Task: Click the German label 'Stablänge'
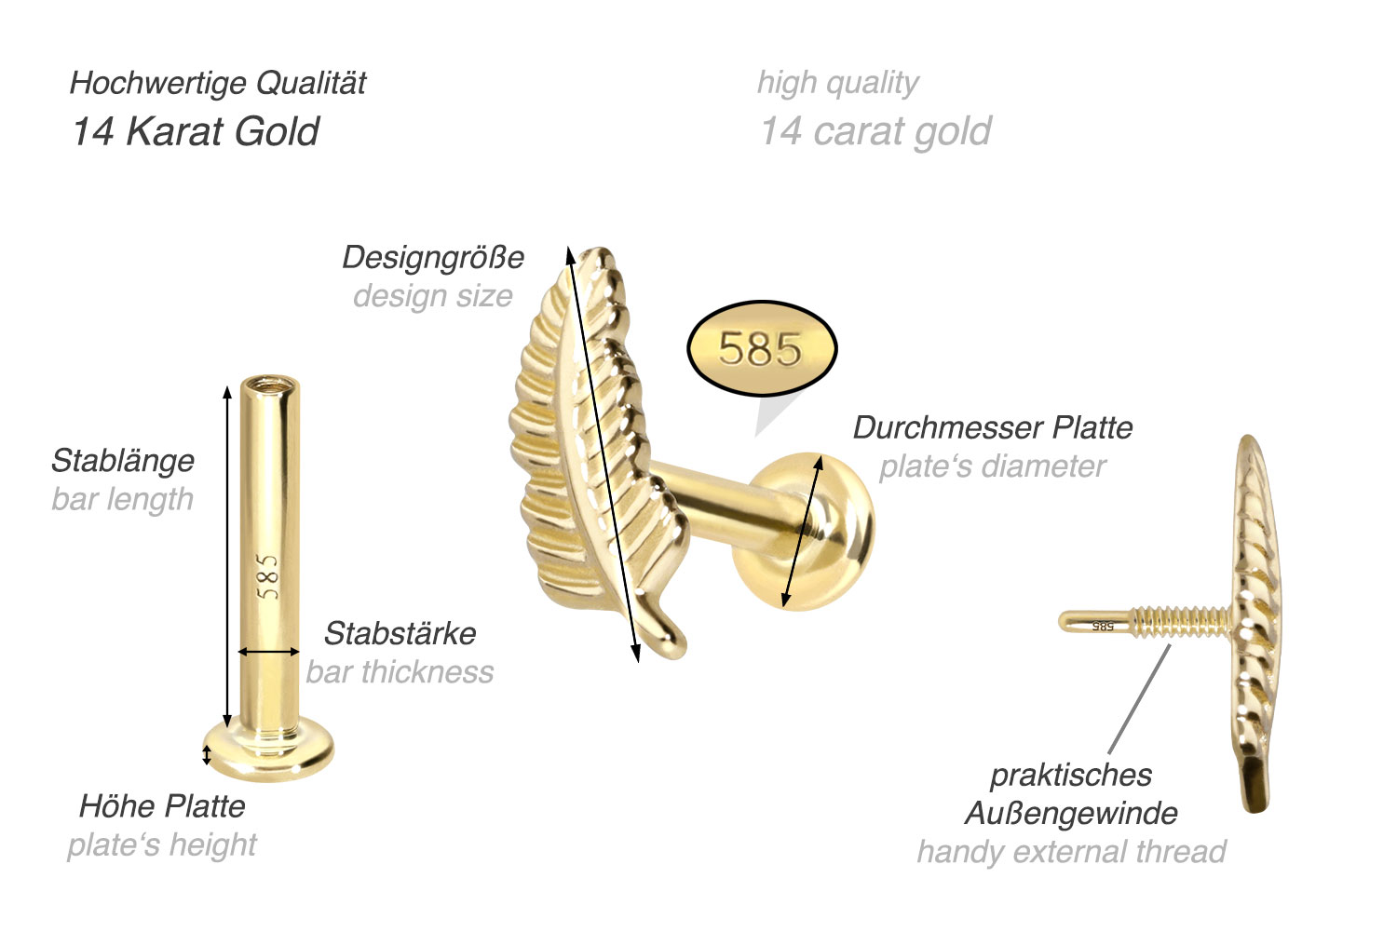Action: [122, 460]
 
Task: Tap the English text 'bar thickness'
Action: [400, 671]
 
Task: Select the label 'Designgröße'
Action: [433, 257]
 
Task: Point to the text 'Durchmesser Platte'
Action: [993, 427]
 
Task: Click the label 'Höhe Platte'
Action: [162, 805]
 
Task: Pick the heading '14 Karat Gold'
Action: [196, 131]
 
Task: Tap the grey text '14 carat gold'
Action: [875, 131]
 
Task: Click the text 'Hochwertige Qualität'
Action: [218, 83]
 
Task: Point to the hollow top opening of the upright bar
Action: [268, 384]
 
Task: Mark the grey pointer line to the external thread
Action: [1139, 698]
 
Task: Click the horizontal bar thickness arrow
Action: [269, 652]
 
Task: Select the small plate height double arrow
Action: [207, 754]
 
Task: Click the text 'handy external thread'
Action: [1071, 851]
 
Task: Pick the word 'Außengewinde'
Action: [1071, 813]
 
